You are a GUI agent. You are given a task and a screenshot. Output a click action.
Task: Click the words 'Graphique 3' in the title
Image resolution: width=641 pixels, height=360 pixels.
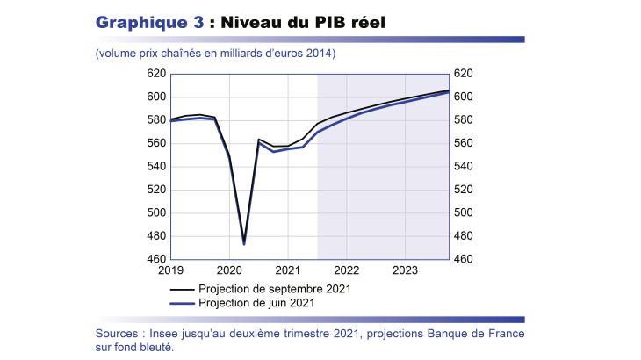[148, 22]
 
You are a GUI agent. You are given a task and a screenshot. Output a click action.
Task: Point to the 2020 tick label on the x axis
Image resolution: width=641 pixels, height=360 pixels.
[228, 270]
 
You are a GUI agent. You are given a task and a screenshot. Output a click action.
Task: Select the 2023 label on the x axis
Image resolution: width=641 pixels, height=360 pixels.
[404, 270]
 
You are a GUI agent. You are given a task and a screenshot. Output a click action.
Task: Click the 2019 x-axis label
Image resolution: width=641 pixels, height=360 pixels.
[170, 270]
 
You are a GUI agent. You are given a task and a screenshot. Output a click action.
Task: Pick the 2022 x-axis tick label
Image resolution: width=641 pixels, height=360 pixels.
[346, 270]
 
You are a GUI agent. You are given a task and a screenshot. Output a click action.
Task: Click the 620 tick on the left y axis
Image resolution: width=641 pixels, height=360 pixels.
[156, 74]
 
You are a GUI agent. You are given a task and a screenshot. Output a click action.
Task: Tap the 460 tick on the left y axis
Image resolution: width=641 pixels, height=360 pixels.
[156, 259]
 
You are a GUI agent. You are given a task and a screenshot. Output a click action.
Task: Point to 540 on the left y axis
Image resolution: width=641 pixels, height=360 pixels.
[156, 167]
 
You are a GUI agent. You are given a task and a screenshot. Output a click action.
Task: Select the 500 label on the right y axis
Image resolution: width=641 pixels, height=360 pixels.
[464, 212]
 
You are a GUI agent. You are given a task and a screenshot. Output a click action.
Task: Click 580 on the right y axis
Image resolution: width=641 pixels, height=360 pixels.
[464, 120]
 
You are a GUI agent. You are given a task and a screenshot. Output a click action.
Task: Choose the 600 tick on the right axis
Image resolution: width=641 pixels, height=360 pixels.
[464, 97]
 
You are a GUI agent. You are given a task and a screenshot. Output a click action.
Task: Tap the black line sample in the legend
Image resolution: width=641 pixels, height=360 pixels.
[181, 288]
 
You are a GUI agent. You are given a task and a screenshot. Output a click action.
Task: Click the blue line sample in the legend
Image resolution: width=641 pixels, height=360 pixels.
[181, 302]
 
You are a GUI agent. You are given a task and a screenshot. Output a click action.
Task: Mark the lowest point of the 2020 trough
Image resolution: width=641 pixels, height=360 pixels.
[244, 243]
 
